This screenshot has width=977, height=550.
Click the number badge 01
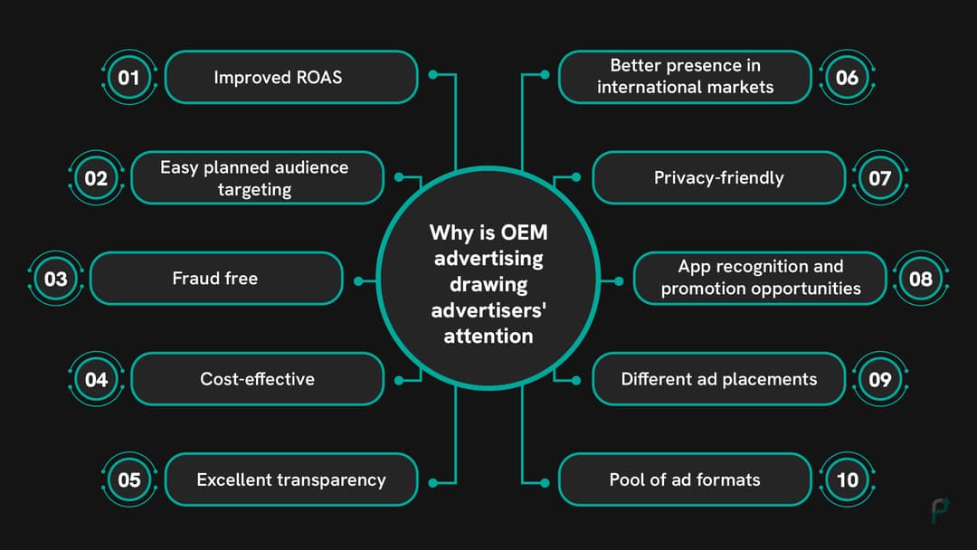[129, 78]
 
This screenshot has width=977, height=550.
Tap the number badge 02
[96, 178]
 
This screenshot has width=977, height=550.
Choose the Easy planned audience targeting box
[257, 178]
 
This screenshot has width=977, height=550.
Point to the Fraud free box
[216, 279]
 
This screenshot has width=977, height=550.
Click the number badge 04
[96, 379]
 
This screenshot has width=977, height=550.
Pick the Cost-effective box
[257, 379]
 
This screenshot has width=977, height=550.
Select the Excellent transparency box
[290, 479]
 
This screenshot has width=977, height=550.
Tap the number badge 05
[129, 479]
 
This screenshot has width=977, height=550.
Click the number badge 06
[847, 78]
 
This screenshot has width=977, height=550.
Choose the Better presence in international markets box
[685, 78]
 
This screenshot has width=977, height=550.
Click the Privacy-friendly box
[718, 178]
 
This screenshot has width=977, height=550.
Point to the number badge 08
[920, 279]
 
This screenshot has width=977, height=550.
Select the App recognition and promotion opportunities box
[760, 279]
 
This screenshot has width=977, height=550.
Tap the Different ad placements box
[718, 379]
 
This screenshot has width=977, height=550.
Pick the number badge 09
[880, 379]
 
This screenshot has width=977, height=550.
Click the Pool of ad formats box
[685, 479]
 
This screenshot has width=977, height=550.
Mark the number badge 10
[847, 479]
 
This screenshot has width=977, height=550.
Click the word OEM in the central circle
[525, 233]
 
